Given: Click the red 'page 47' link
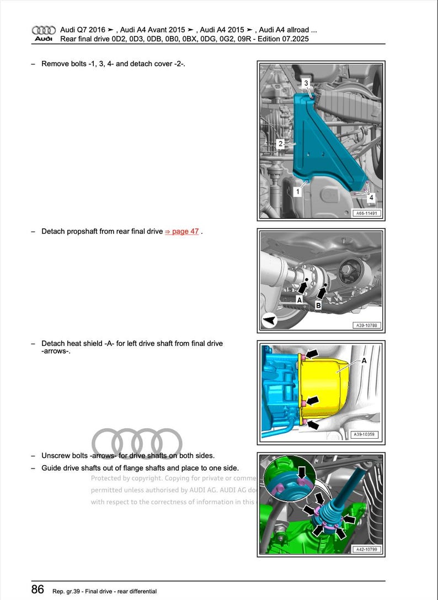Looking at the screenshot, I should click(181, 231).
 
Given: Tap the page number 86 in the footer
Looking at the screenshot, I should click(38, 590).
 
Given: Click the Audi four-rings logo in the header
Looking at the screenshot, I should click(44, 30).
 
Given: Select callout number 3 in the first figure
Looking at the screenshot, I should click(307, 83).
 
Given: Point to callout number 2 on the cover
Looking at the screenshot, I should click(280, 144).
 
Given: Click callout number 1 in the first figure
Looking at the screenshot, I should click(297, 192).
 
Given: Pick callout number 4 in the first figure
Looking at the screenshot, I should click(371, 197).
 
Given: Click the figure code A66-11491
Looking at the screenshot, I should click(367, 213).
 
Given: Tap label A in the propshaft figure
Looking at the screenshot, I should click(299, 299).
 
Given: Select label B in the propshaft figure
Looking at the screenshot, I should click(318, 304).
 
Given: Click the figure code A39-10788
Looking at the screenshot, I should click(367, 326).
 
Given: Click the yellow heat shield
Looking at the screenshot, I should click(325, 387).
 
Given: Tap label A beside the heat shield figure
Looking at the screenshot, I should click(364, 360).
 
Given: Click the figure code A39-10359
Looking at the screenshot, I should click(367, 435).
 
